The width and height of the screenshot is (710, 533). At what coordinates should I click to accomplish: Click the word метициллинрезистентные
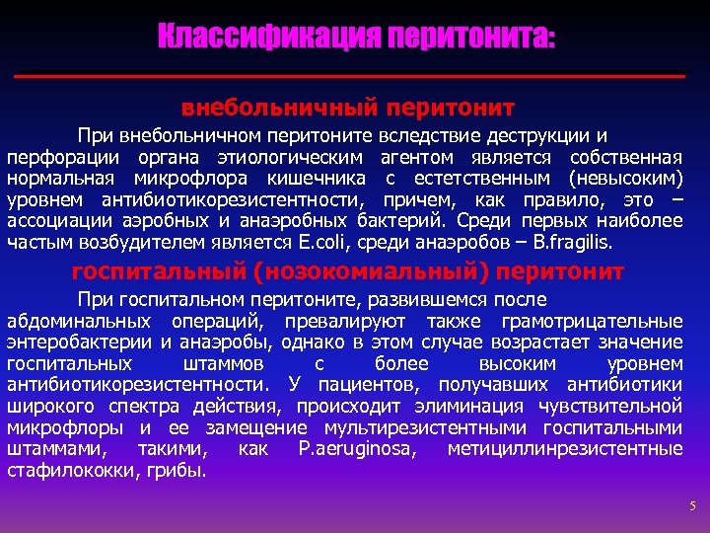(x=564, y=449)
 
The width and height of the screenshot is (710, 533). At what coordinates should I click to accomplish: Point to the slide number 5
(x=692, y=506)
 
